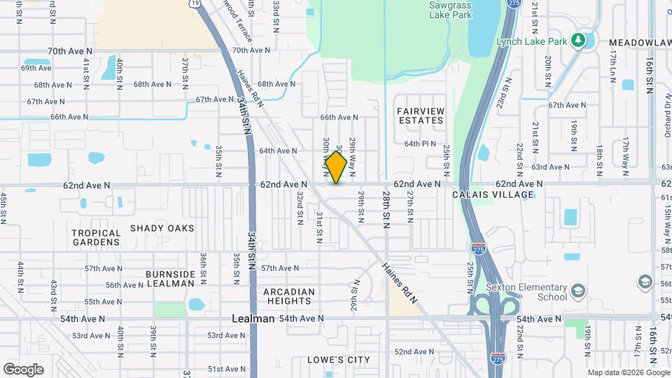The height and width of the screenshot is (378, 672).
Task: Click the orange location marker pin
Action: [337, 167]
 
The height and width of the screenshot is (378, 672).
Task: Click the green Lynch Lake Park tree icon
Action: [578, 41]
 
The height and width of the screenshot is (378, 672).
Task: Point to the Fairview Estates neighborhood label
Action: [420, 115]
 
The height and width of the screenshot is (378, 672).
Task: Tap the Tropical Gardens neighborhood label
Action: [96, 237]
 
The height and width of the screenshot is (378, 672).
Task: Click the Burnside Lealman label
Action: [169, 279]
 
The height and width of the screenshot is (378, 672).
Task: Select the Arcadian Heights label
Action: [289, 296]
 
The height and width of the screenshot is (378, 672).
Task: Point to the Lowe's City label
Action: [339, 360]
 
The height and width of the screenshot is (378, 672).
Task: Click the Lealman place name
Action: [253, 318]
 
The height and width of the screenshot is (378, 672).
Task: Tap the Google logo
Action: [23, 369]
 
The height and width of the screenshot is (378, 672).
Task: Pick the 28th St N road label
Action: [386, 209]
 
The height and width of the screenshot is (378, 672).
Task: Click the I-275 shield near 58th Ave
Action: [476, 248]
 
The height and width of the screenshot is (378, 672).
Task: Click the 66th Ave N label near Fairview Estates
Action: [339, 117]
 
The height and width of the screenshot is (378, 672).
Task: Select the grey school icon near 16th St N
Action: [645, 281]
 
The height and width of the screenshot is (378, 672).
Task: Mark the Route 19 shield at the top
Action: [193, 3]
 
